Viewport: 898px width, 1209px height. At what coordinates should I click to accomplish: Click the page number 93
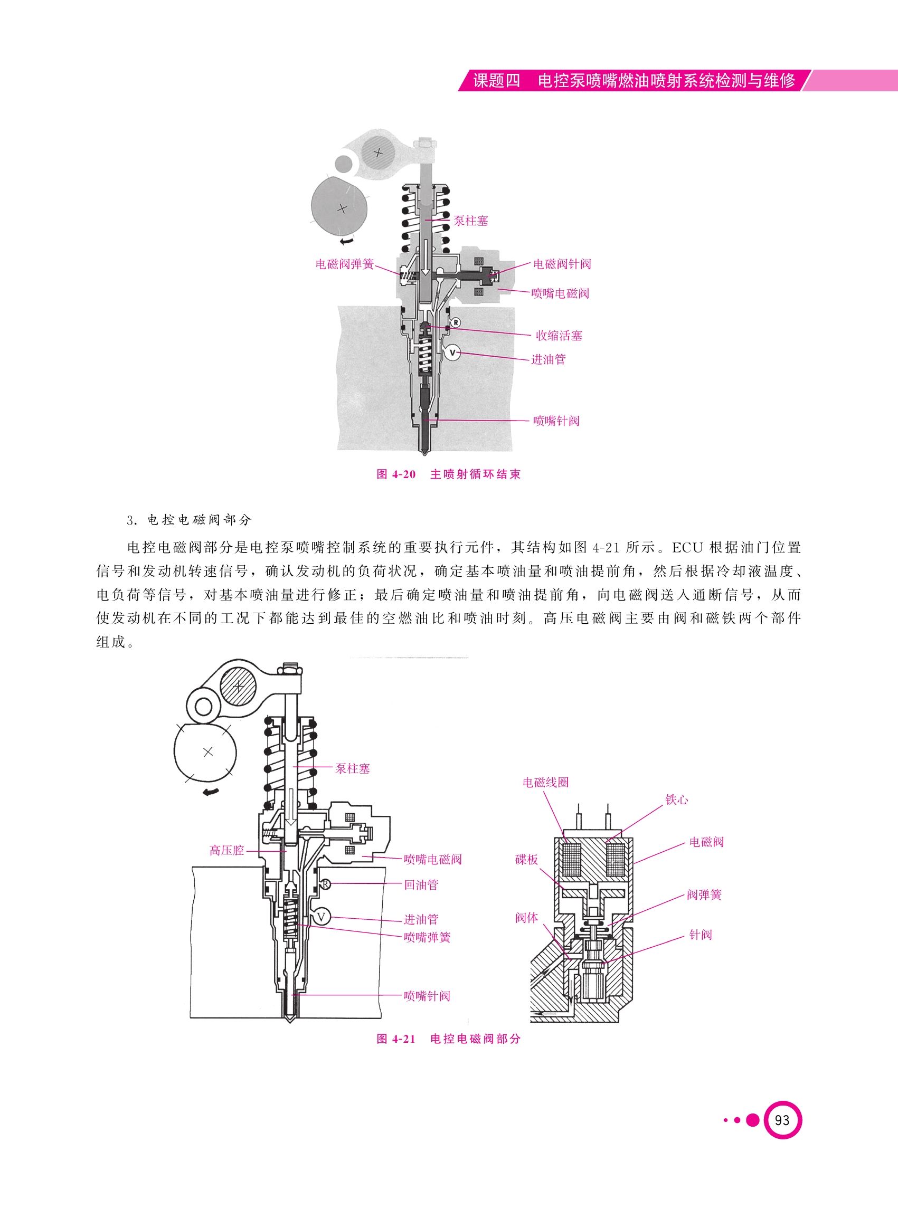pyautogui.click(x=783, y=1120)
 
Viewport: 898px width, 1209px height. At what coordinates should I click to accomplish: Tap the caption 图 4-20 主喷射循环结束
pyautogui.click(x=448, y=474)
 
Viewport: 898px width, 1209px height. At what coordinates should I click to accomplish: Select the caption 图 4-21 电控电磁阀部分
pyautogui.click(x=448, y=1039)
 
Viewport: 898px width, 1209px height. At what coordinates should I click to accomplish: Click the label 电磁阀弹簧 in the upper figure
pyautogui.click(x=345, y=264)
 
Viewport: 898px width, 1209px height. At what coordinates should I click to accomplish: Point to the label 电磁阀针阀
pyautogui.click(x=562, y=264)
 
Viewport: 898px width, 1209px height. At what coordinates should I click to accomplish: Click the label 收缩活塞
pyautogui.click(x=560, y=336)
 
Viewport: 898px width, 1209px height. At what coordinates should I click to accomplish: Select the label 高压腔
pyautogui.click(x=226, y=850)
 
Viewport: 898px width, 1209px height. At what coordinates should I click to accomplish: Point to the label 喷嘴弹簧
pyautogui.click(x=427, y=938)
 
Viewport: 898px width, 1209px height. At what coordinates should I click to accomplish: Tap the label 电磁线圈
pyautogui.click(x=545, y=783)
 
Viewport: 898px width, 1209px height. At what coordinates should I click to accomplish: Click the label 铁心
pyautogui.click(x=677, y=800)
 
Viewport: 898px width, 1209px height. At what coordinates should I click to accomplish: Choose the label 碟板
pyautogui.click(x=527, y=860)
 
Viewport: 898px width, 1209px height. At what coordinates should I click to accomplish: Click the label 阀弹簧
pyautogui.click(x=704, y=895)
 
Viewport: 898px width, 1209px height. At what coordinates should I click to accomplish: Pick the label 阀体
pyautogui.click(x=527, y=918)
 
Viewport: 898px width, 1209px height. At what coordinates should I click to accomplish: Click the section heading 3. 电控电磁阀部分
pyautogui.click(x=189, y=520)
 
